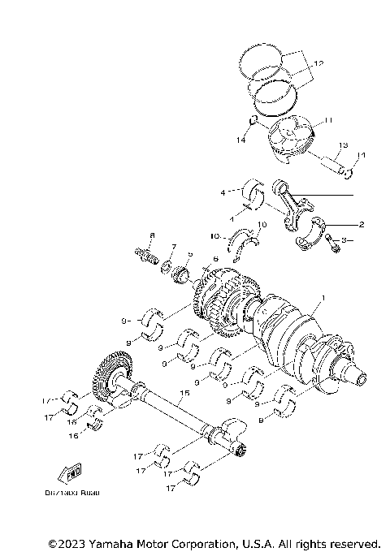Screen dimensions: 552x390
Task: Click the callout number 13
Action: (343, 144)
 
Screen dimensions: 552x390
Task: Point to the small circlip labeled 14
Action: (253, 122)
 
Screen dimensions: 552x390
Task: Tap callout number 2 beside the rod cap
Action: (361, 223)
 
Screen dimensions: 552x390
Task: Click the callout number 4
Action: (222, 193)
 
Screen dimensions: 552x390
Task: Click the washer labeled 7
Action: (166, 265)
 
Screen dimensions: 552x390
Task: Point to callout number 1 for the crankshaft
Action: (323, 298)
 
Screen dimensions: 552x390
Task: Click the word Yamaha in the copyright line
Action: (120, 542)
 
